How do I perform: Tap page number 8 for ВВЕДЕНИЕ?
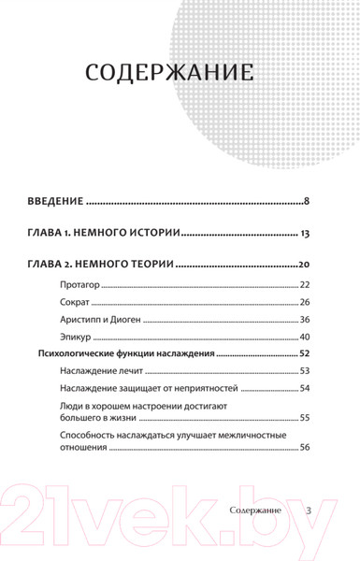click(307, 201)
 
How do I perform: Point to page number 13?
click(304, 233)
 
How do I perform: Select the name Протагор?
click(78, 284)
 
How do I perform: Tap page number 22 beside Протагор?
click(305, 284)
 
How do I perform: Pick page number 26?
click(305, 302)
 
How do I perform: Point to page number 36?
click(305, 320)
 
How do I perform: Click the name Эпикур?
click(74, 337)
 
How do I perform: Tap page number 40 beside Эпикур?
click(305, 337)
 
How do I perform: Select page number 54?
click(305, 389)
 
